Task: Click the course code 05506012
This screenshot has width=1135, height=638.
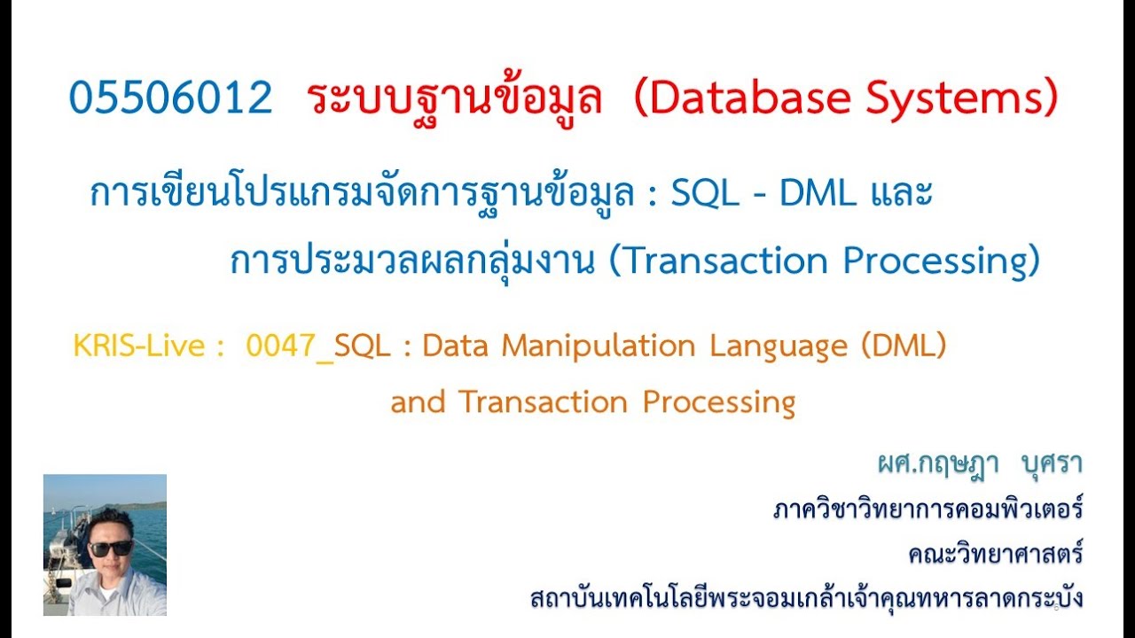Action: click(170, 98)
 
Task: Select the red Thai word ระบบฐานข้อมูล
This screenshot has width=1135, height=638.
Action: click(456, 98)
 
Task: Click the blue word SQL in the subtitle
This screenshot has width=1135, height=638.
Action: click(705, 193)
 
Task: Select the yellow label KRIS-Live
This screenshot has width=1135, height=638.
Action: click(138, 346)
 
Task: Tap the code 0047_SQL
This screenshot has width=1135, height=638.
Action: click(318, 346)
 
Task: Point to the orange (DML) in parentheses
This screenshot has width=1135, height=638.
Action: click(904, 346)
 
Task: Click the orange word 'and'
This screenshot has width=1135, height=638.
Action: click(418, 402)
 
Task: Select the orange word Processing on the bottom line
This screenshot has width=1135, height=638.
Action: click(719, 402)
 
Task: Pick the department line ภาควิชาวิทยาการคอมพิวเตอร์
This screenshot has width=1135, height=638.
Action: click(928, 510)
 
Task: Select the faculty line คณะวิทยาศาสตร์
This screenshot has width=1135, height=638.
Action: click(995, 555)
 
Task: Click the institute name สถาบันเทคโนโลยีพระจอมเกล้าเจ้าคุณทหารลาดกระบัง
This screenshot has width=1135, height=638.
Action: click(806, 598)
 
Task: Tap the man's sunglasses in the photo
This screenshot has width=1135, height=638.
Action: click(112, 547)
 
